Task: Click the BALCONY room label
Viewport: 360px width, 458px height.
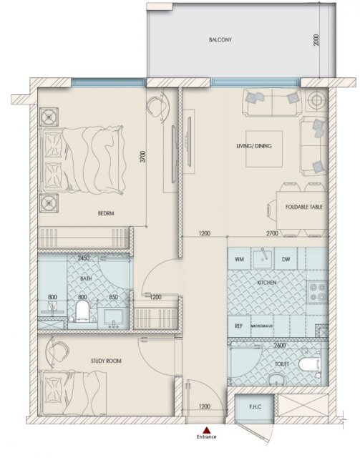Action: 220,40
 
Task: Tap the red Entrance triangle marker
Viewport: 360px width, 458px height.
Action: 207,429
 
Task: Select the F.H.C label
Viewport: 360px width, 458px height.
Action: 256,407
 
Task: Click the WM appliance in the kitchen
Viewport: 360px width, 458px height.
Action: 239,259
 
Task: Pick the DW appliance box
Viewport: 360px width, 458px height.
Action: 286,259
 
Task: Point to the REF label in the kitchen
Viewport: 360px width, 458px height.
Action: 239,326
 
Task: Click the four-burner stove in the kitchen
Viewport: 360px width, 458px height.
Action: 318,292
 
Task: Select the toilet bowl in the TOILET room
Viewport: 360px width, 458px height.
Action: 309,364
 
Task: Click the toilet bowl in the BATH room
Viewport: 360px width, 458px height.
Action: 82,311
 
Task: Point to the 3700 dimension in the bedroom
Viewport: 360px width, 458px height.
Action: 142,157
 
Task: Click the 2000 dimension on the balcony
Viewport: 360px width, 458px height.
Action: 316,40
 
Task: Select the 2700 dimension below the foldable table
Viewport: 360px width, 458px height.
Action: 272,234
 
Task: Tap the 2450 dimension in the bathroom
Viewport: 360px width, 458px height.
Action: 84,258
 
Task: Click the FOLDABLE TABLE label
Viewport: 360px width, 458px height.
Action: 304,207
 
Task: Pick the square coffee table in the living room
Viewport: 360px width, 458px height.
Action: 264,149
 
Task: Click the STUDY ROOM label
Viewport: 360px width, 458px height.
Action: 106,361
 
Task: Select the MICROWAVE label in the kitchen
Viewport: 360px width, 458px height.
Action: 262,326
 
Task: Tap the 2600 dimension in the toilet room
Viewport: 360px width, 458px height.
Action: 280,345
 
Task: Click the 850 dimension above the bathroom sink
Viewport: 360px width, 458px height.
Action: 113,297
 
